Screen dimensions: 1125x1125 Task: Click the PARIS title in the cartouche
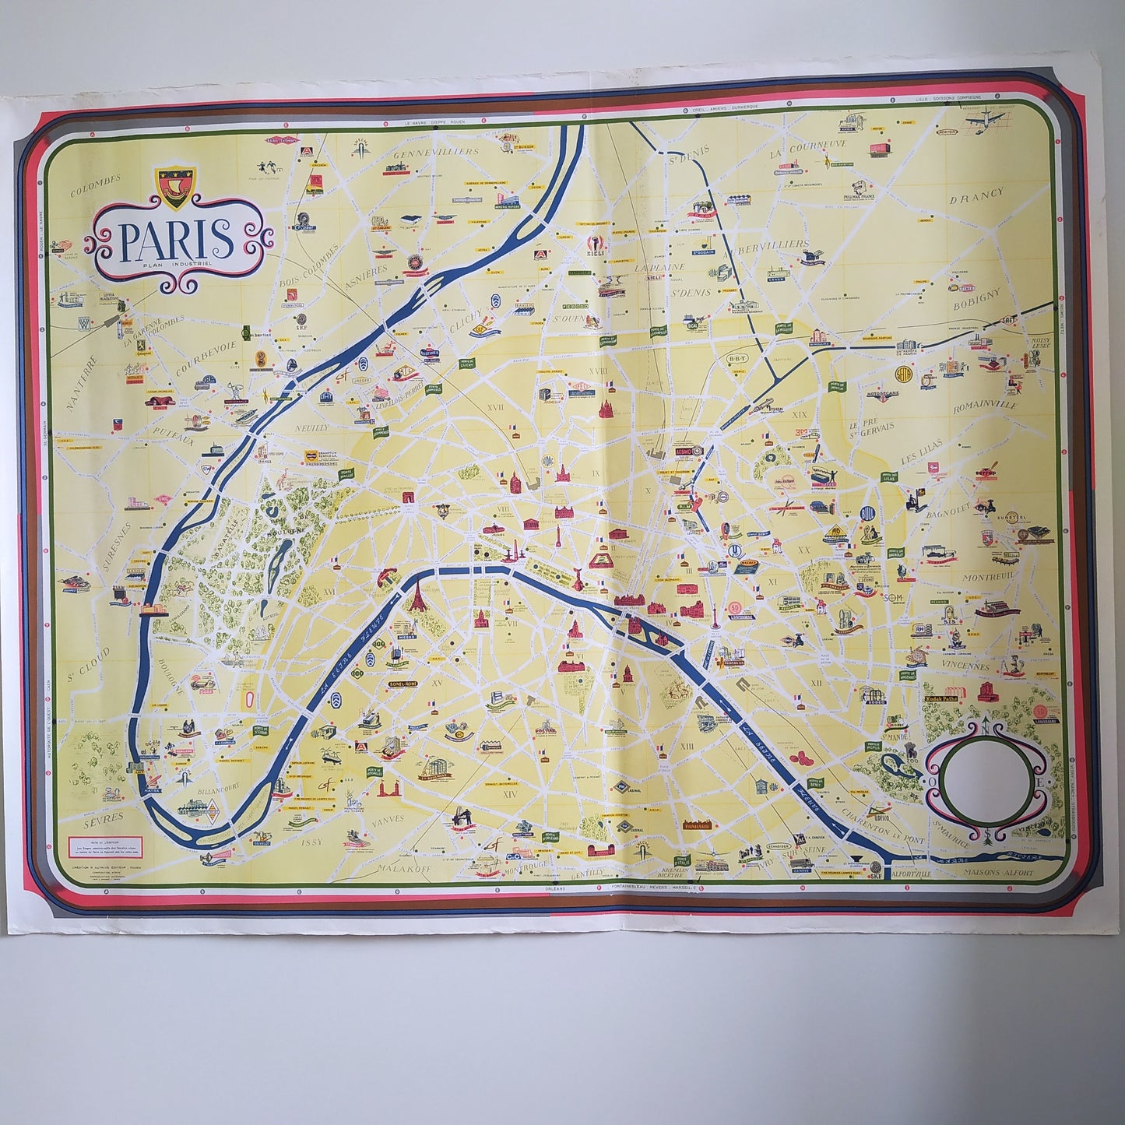177,240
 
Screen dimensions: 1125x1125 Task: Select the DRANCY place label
976,195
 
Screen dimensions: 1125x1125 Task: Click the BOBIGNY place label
975,299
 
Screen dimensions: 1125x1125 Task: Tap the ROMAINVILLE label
986,407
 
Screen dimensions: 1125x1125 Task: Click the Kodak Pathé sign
945,699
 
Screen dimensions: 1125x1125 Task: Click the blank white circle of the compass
976,781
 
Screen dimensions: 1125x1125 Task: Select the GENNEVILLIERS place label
435,153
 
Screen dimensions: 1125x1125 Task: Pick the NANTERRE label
80,382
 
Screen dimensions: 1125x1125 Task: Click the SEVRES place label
103,818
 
